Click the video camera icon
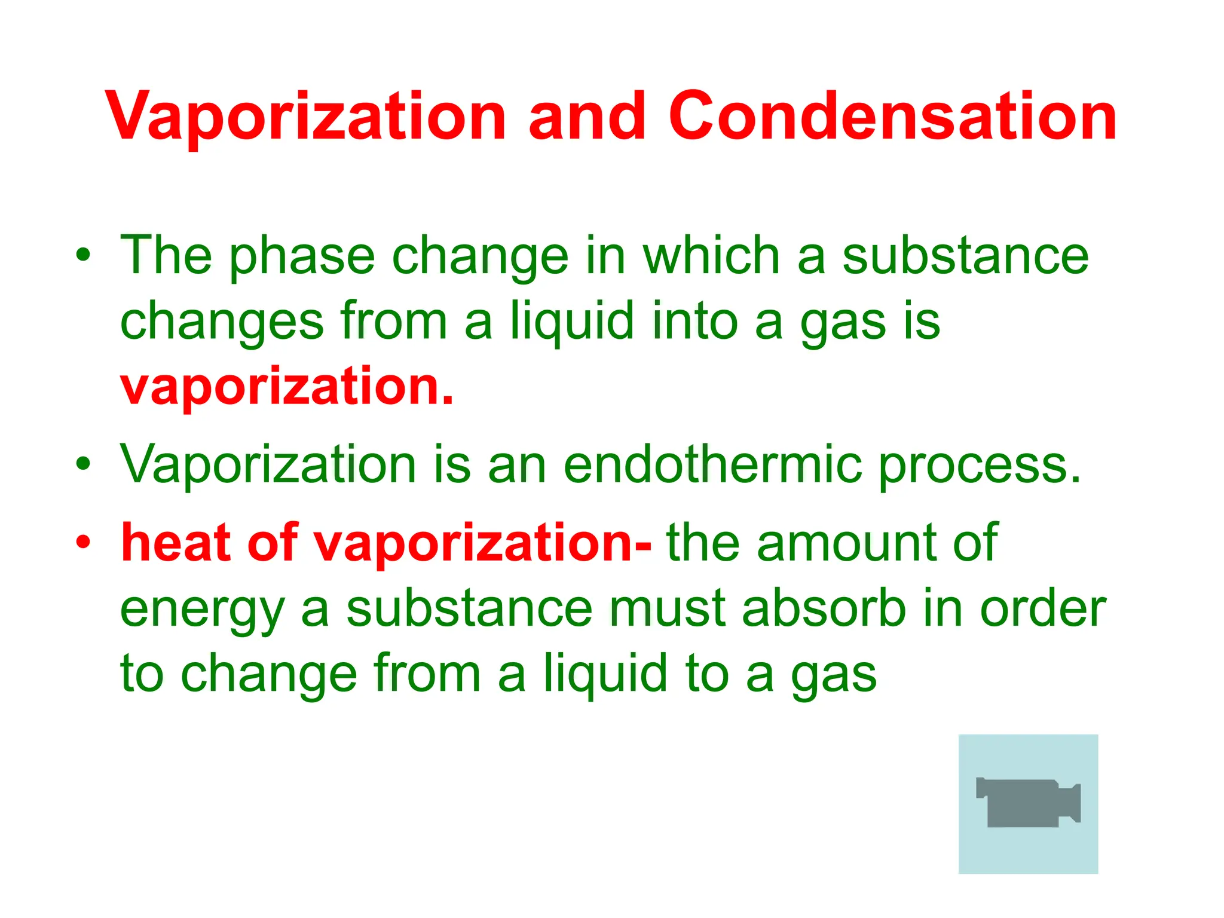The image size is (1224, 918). pos(1028,803)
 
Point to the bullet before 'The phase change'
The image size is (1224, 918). pos(83,255)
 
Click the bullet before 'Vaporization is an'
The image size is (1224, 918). pos(83,463)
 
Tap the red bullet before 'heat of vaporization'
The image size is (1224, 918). pos(83,541)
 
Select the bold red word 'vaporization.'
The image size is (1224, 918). pos(287,387)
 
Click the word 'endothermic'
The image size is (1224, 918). pos(712,464)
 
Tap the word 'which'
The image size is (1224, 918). pos(711,255)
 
